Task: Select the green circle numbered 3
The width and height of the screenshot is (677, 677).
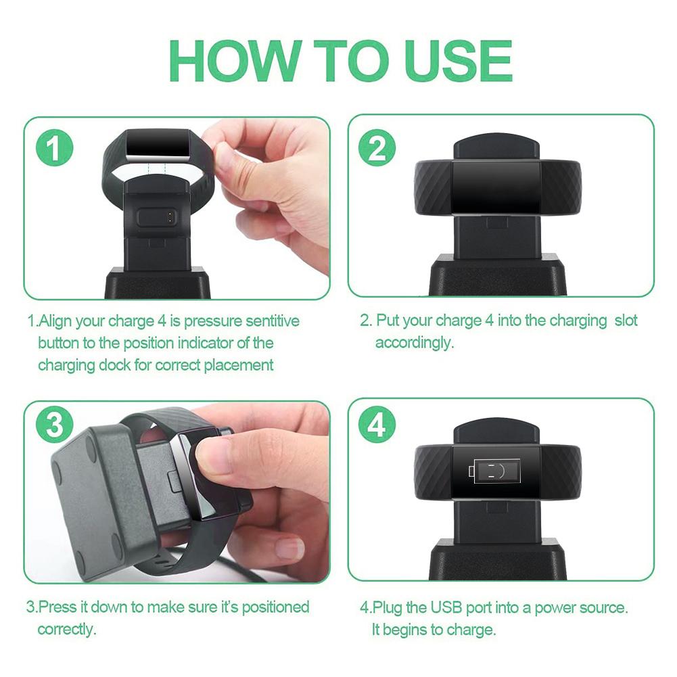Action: pyautogui.click(x=53, y=427)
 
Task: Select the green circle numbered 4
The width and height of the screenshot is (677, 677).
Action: pyautogui.click(x=377, y=427)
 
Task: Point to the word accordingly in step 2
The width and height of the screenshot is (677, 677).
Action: pyautogui.click(x=414, y=342)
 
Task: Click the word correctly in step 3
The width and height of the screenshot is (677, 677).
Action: pyautogui.click(x=66, y=629)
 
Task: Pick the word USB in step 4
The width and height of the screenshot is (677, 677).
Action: pyautogui.click(x=452, y=607)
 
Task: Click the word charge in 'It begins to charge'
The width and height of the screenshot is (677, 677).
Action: pyautogui.click(x=471, y=630)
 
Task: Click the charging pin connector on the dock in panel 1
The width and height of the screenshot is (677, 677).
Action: pyautogui.click(x=156, y=216)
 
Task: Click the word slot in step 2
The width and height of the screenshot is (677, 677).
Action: pyautogui.click(x=626, y=320)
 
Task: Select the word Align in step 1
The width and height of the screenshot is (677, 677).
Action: pyautogui.click(x=54, y=321)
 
